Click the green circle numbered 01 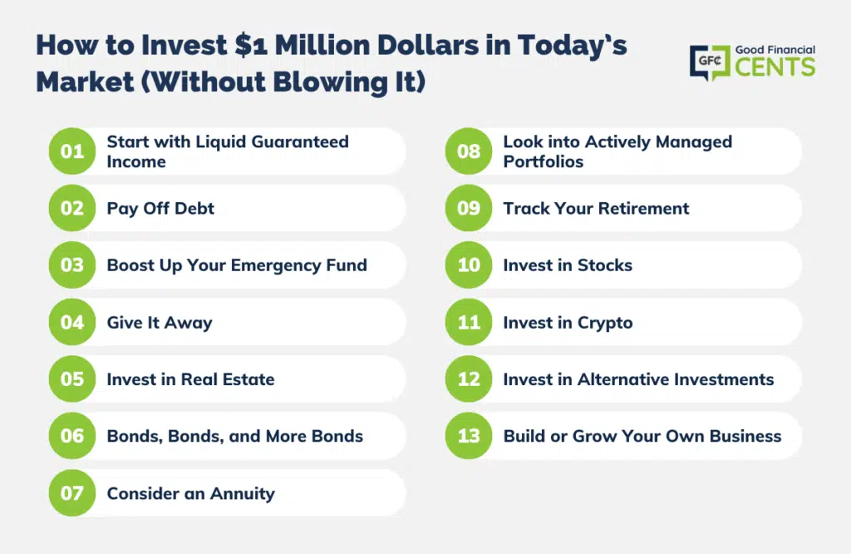tap(72, 151)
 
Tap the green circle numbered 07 tap(72, 492)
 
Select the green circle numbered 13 tap(469, 436)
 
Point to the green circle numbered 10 tap(469, 265)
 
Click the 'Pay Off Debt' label tap(160, 209)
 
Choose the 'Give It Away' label tap(160, 323)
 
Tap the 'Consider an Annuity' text tap(191, 493)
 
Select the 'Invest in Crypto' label tap(568, 323)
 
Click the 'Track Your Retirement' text tap(596, 208)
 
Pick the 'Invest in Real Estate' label tap(190, 379)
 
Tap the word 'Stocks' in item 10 tap(605, 265)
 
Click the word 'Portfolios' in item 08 tap(544, 162)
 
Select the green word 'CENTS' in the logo tap(775, 67)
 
